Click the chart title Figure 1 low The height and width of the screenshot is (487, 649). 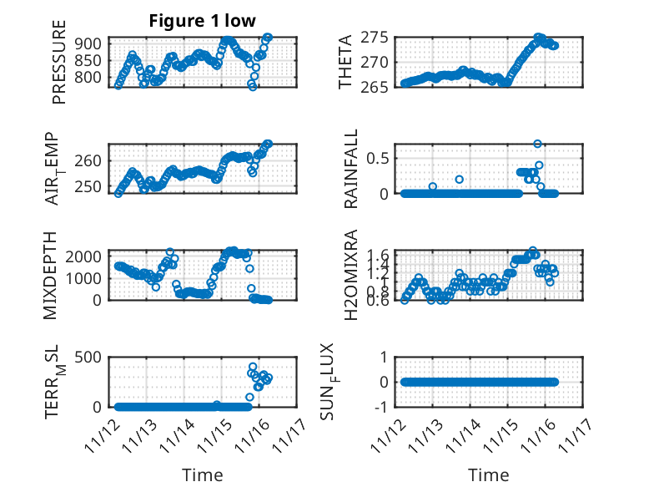tap(202, 21)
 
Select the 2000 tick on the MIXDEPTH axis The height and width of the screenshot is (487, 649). tap(88, 256)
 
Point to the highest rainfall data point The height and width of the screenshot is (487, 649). tap(538, 144)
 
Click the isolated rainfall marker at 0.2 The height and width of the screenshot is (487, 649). tap(459, 180)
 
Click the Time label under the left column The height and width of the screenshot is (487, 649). tap(203, 475)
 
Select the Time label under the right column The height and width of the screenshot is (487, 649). tap(488, 475)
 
